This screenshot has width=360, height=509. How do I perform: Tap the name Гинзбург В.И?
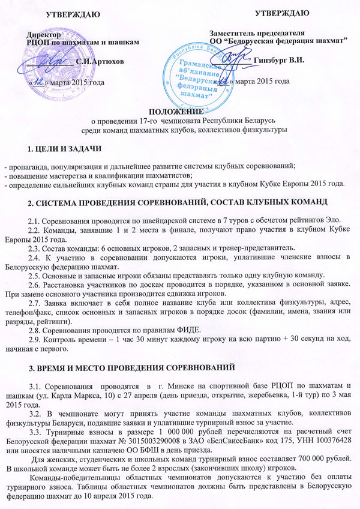[280, 59]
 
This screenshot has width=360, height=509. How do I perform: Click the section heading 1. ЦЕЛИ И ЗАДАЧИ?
[59, 148]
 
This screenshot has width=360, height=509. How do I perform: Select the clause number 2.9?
[36, 338]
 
